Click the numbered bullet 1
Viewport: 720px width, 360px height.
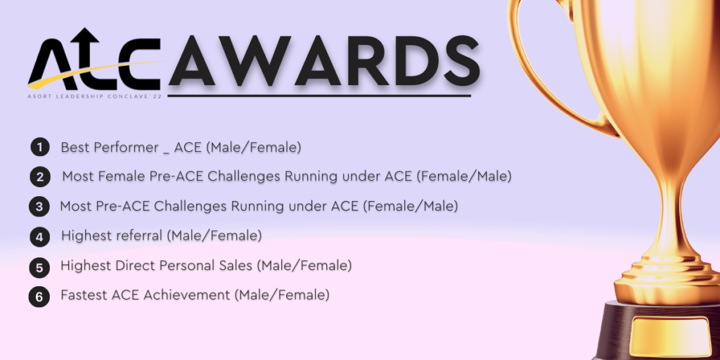tap(40, 148)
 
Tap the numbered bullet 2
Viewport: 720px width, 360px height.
tap(40, 177)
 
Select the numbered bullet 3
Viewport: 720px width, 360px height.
tap(39, 207)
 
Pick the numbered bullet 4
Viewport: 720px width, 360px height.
tap(40, 238)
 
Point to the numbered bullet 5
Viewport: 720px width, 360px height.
tap(39, 268)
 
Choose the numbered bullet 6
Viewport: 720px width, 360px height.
tap(39, 297)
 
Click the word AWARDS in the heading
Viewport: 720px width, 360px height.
tap(324, 61)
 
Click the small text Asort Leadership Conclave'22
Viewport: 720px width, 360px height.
tap(95, 97)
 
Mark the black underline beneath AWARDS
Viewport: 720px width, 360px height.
tap(319, 96)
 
